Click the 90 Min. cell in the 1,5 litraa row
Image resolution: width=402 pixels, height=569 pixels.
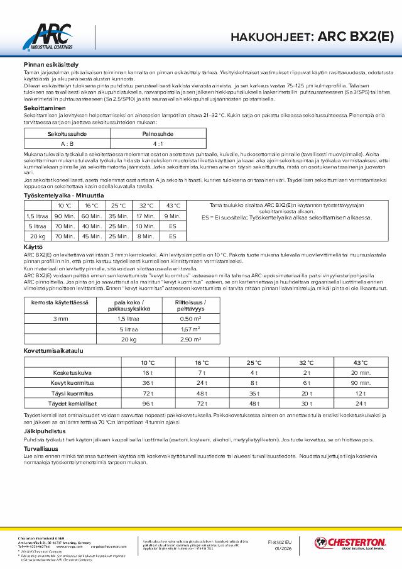pyautogui.click(x=65, y=216)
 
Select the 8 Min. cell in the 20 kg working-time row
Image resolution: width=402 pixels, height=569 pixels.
pyautogui.click(x=145, y=236)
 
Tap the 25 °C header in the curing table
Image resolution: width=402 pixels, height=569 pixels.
pyautogui.click(x=254, y=362)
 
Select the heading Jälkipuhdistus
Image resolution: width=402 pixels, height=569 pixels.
pyautogui.click(x=41, y=432)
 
